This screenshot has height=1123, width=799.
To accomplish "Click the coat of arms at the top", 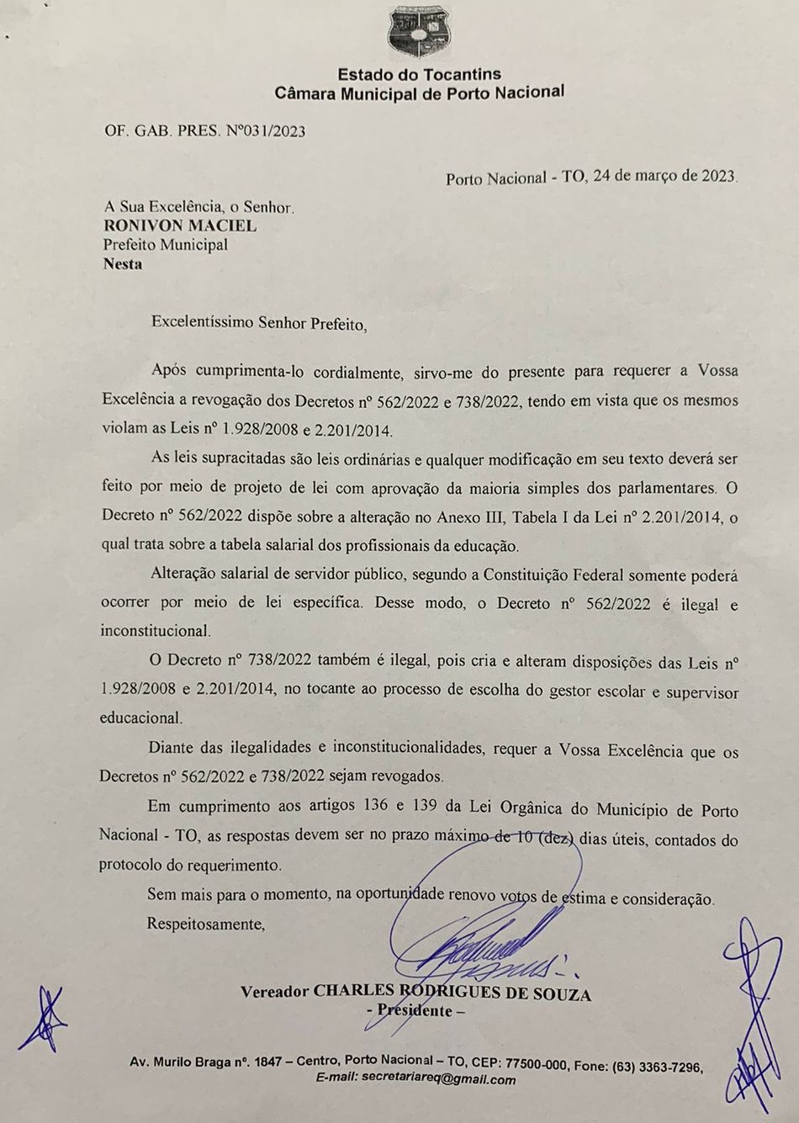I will [419, 32].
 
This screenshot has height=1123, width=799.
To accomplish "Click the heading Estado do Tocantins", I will [419, 74].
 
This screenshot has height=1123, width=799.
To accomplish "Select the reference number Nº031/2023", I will [266, 131].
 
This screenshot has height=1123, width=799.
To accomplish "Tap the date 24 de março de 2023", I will [664, 177].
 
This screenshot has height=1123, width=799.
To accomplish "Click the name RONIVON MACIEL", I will [180, 225].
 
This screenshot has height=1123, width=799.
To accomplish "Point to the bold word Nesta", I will [123, 264].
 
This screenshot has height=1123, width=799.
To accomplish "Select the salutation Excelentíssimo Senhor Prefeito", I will [259, 323].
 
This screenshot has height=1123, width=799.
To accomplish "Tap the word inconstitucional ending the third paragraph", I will [155, 631].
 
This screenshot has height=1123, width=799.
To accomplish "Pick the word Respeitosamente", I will [205, 924].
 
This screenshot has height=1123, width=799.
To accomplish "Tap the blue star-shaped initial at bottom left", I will [44, 1020].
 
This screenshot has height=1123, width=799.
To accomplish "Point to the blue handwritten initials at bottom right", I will [754, 1018].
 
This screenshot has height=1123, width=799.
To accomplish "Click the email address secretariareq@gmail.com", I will [438, 1078].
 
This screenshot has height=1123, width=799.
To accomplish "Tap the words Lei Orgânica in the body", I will [515, 808].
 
